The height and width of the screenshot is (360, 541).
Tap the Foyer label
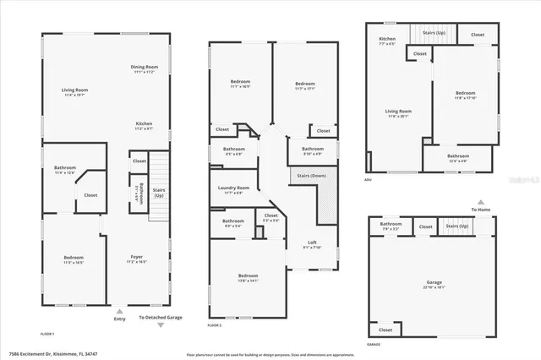click(x=136, y=259)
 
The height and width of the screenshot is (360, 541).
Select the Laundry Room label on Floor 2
click(x=233, y=189)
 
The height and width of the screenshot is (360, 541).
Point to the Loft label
click(x=313, y=244)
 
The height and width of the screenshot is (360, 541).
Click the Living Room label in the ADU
click(x=398, y=112)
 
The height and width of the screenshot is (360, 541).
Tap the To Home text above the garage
click(x=479, y=210)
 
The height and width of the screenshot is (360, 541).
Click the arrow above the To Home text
click(x=480, y=202)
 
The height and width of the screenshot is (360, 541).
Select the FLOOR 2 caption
click(x=215, y=325)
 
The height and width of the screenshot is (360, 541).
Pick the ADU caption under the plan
click(x=368, y=179)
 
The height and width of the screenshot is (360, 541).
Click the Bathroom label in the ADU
click(x=458, y=157)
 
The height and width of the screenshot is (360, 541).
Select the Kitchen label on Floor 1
click(x=144, y=126)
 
